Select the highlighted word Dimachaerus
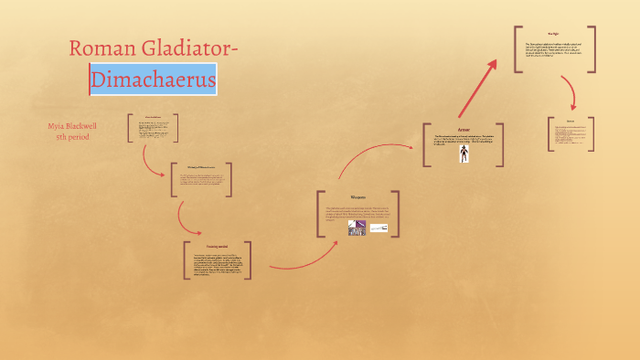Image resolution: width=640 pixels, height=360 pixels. (x=154, y=80)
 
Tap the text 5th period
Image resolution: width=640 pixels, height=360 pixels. (x=72, y=137)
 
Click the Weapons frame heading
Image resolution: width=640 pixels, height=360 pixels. (x=358, y=196)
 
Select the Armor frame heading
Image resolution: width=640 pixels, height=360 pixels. (x=464, y=130)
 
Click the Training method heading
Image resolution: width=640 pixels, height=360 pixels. (x=217, y=248)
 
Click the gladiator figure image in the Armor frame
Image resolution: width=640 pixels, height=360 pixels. (x=464, y=154)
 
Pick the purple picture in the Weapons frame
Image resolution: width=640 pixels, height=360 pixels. (x=357, y=228)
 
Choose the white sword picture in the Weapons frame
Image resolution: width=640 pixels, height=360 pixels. (x=379, y=228)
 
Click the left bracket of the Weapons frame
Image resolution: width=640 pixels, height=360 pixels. (x=319, y=215)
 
